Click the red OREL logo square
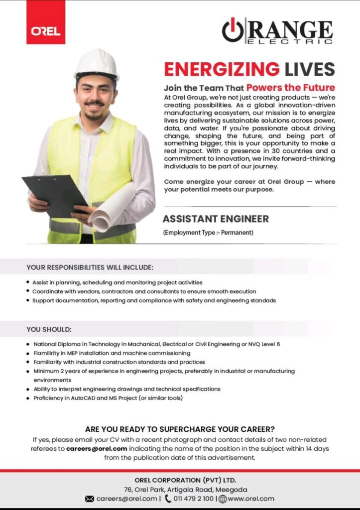pos(46,22)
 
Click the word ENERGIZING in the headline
pos(222,69)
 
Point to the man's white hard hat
pos(97,63)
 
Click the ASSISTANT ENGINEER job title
pos(216,219)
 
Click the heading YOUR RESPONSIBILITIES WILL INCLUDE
pos(90,266)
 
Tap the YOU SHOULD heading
pos(49,329)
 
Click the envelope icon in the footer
pos(90,499)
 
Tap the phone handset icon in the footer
pos(168,499)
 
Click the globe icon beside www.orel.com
pos(223,499)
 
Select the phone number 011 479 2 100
pos(194,499)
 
